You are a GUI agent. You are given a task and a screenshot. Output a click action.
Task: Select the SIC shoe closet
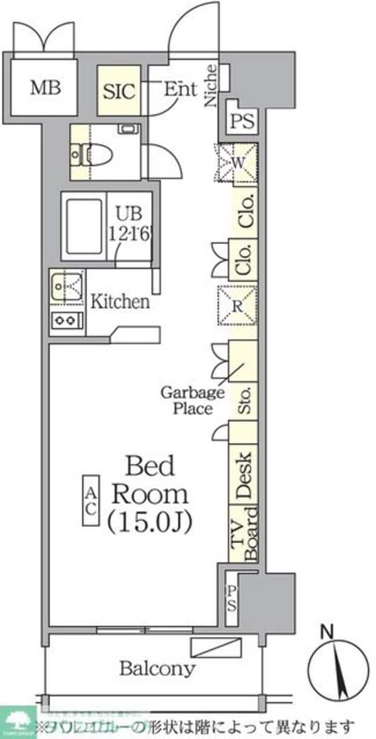(x=119, y=92)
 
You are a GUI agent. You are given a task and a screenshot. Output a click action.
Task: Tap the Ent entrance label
(x=180, y=89)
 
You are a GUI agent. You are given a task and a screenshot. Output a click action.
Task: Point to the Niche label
(x=212, y=86)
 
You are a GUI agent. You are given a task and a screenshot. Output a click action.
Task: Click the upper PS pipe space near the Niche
(x=242, y=121)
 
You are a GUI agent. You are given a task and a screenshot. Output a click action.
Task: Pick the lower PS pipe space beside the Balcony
(x=231, y=598)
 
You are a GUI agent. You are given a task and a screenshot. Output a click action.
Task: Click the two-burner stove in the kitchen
(x=66, y=321)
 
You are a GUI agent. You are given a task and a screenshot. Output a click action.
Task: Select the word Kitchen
(x=120, y=302)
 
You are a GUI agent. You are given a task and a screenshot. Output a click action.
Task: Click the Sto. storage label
(x=244, y=401)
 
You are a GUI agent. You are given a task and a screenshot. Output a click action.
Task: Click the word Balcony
(x=157, y=668)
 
